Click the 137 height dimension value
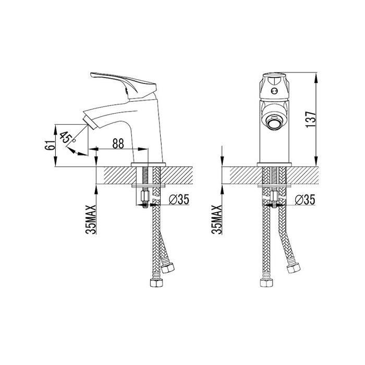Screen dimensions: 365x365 click(311, 119)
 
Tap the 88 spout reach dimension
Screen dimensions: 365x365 click(118, 143)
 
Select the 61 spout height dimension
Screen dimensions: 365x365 click(50, 145)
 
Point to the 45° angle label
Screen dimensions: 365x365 click(67, 137)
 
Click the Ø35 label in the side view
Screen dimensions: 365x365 click(179, 200)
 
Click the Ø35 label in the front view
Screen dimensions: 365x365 click(305, 200)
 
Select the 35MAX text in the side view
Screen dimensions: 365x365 click(91, 220)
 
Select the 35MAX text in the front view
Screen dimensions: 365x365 click(217, 220)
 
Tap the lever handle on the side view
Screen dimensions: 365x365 click(123, 85)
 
